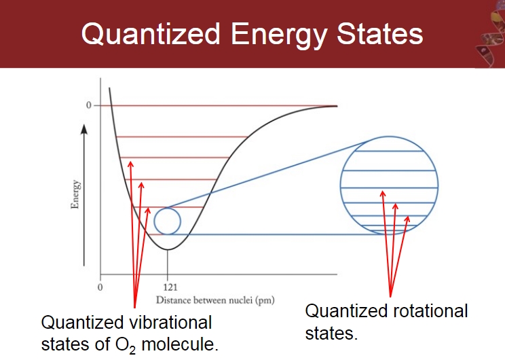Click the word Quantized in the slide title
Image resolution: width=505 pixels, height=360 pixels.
click(151, 34)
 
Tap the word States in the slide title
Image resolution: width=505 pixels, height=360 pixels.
click(380, 33)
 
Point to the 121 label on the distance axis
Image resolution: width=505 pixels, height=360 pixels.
click(170, 287)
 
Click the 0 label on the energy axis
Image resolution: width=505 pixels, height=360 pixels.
click(88, 105)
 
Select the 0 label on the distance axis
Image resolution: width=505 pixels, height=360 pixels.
click(100, 287)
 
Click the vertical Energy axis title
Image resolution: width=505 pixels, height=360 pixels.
click(75, 194)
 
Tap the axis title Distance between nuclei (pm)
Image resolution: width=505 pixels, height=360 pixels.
click(215, 300)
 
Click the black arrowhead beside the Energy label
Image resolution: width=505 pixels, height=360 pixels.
click(84, 129)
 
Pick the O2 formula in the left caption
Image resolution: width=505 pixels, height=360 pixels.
click(126, 345)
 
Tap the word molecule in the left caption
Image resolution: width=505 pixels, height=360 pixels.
click(180, 344)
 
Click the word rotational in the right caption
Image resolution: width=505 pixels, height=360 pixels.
click(430, 311)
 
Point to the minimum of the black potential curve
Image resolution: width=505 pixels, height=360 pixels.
click(168, 249)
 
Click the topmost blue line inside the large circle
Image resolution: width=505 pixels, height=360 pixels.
click(389, 151)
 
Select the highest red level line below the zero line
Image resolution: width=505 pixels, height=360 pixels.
click(182, 137)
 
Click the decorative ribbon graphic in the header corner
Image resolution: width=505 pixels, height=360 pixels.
click(490, 34)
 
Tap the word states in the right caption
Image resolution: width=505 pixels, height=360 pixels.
click(331, 334)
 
